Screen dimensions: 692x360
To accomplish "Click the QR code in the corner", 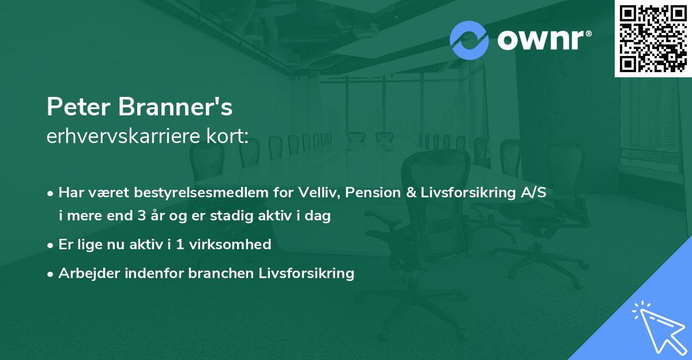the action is (653, 39).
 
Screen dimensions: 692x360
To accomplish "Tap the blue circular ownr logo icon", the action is (469, 40).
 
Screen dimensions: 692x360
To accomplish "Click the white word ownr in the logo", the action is (541, 40).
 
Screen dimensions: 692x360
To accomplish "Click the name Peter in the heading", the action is (78, 107).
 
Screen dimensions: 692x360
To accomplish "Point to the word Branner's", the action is (175, 107).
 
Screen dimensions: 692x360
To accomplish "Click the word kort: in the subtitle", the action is (227, 136).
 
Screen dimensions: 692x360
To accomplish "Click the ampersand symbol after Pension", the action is (411, 193).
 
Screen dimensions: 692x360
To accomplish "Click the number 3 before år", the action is (142, 216).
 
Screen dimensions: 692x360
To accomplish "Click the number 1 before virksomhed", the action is (180, 245).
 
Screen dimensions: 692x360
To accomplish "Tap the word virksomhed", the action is (230, 245).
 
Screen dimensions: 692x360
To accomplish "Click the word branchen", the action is (221, 273).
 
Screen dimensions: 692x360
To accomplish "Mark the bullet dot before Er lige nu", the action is (50, 246).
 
